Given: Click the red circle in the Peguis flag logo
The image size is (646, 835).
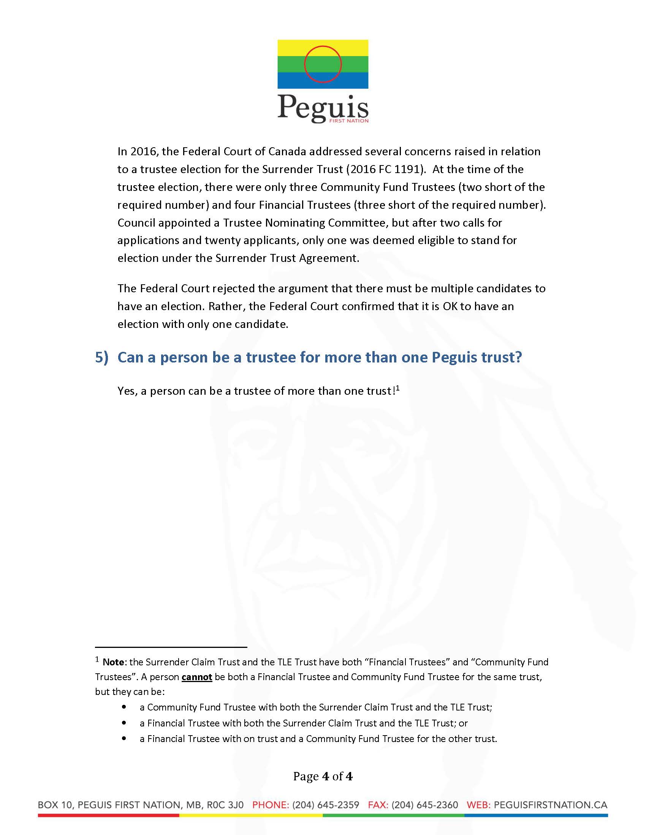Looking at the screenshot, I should [323, 47].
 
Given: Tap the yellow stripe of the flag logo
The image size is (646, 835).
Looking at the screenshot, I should [291, 48].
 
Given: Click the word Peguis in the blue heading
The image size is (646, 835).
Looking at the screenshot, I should [454, 357].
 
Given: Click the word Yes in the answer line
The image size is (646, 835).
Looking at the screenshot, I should [127, 391].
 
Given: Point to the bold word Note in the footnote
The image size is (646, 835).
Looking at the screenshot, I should [113, 662].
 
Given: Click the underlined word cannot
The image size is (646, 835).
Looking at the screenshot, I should [197, 677].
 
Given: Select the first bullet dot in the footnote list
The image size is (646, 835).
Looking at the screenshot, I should [123, 707].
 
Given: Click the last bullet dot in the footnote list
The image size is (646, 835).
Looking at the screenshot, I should [123, 739].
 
